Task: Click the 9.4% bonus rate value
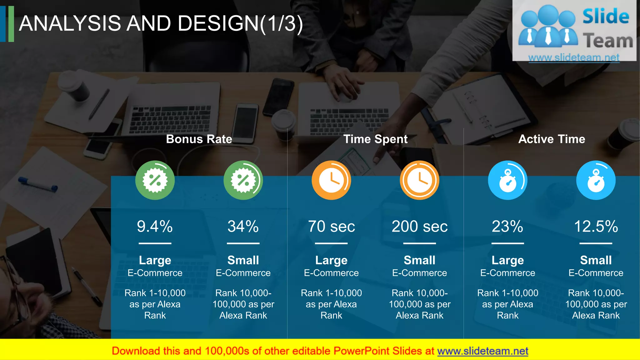tap(155, 227)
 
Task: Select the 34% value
tap(243, 227)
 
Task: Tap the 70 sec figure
tap(331, 227)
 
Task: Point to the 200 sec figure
tap(419, 227)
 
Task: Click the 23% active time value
tap(507, 227)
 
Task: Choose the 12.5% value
tap(596, 227)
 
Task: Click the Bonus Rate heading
tap(199, 139)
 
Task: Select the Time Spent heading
tap(375, 139)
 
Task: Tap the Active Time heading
tap(552, 139)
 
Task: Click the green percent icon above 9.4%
tap(155, 180)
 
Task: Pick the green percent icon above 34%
tap(243, 180)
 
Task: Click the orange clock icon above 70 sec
tap(331, 180)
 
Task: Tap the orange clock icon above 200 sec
tap(419, 180)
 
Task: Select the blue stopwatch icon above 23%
tap(507, 180)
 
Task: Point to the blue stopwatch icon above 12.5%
tap(596, 180)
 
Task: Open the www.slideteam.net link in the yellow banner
tap(482, 351)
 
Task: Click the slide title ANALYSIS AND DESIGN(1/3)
tap(161, 23)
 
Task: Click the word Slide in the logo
tap(606, 17)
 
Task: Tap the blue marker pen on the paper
tap(38, 184)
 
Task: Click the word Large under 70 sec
tap(331, 260)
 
